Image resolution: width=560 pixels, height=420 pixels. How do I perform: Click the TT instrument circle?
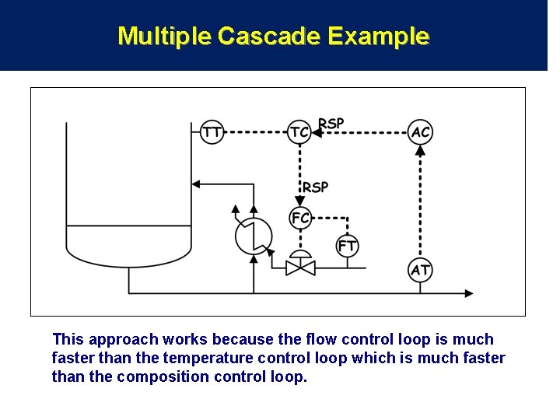212,132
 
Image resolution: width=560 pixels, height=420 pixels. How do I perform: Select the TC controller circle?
299,132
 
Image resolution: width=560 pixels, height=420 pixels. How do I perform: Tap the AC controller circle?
420,132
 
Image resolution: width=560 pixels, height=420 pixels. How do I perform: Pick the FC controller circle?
299,219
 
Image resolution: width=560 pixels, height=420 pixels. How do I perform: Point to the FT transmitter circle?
347,246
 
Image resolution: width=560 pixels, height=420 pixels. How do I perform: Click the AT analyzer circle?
420,270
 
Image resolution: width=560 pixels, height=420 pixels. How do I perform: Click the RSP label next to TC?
331,124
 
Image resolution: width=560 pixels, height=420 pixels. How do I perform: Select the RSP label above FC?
315,187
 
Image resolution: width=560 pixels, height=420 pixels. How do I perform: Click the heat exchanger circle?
254,235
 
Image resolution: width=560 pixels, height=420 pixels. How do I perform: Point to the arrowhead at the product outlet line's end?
468,293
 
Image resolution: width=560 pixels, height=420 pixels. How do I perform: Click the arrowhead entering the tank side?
196,184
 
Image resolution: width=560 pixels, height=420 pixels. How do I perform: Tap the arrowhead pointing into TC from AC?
316,132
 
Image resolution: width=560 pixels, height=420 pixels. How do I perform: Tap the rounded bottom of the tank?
128,254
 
